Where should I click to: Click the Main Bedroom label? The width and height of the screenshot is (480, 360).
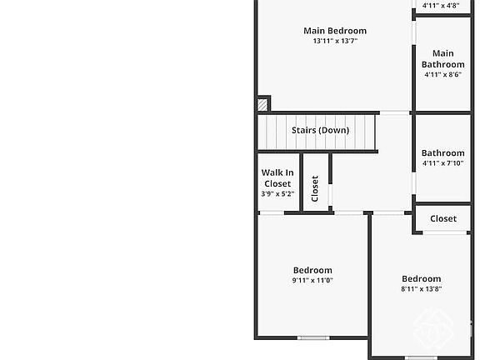tap(334, 31)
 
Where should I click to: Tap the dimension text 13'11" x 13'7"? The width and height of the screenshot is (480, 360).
tap(334, 41)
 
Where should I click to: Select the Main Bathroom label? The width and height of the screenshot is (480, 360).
tap(442, 59)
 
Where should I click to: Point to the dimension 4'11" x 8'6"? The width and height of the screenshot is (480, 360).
tap(442, 75)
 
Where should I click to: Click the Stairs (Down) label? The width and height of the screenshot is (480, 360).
tap(320, 130)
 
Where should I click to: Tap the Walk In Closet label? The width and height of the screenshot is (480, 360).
tap(277, 178)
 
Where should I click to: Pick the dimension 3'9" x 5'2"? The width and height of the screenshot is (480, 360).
tap(277, 194)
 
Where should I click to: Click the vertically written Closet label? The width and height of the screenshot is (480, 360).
tap(315, 188)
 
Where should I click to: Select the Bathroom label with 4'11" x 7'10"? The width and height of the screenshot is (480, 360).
tap(442, 153)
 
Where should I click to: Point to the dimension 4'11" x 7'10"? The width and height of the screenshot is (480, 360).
tap(442, 163)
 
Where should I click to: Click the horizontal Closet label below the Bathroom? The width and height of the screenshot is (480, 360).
tap(443, 219)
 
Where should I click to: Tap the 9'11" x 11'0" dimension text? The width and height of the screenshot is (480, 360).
tap(312, 281)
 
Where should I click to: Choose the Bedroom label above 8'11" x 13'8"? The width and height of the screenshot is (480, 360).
tap(421, 279)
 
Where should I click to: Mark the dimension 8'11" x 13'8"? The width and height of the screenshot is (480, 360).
tap(421, 289)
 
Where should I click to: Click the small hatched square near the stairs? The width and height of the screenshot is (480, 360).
tap(263, 104)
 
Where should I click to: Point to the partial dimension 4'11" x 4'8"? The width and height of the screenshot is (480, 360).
tap(441, 6)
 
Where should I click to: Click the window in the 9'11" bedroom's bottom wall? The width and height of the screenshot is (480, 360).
tap(313, 337)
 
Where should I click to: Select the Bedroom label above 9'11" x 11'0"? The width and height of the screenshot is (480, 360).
tap(312, 270)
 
